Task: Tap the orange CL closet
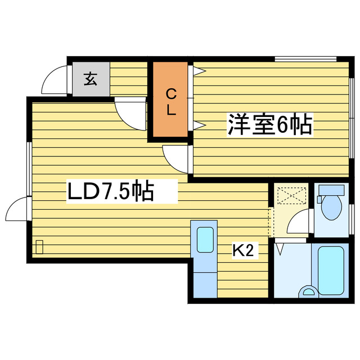click(170, 102)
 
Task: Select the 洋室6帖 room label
click(269, 125)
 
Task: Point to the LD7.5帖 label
click(111, 192)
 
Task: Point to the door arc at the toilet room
click(299, 223)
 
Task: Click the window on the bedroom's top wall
click(305, 58)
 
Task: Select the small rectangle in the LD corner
click(39, 246)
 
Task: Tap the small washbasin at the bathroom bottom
click(308, 290)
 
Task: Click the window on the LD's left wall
click(28, 169)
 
